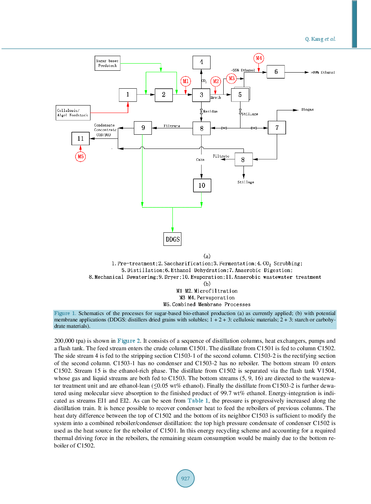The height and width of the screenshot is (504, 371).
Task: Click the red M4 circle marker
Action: (x=259, y=58)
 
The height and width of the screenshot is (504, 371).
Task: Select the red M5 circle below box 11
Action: (x=80, y=156)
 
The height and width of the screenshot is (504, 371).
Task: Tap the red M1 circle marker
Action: (x=186, y=81)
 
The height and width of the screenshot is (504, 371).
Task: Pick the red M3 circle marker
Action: (x=232, y=78)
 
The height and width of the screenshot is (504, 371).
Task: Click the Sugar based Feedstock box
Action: (x=107, y=63)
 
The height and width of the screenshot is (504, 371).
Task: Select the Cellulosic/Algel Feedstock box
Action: (x=73, y=113)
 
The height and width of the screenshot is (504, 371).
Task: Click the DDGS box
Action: (x=172, y=239)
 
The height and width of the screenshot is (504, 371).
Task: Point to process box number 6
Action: (x=276, y=71)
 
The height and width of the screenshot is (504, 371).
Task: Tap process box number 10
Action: (x=202, y=185)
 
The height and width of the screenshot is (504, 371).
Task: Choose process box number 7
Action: (x=277, y=128)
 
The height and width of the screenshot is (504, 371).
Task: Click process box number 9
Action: (x=143, y=128)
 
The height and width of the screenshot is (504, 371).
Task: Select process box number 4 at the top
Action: (x=201, y=62)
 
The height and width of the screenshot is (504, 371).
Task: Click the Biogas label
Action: (x=307, y=110)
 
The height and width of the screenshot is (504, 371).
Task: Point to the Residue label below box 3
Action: (x=210, y=112)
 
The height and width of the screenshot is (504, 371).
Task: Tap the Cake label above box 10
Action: (x=200, y=160)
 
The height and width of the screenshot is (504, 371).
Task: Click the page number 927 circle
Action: (x=185, y=478)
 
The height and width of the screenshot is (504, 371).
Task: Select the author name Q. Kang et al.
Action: (x=320, y=39)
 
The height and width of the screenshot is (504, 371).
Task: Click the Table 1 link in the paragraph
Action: (x=198, y=401)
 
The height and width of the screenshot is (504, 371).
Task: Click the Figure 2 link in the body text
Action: (x=129, y=341)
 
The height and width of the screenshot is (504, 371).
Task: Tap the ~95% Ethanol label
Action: (x=243, y=70)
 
